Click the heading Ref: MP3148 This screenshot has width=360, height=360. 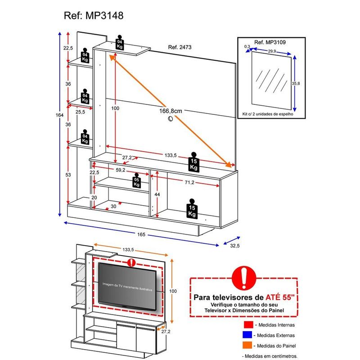[93, 16]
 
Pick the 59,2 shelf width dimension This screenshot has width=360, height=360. [121, 171]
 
